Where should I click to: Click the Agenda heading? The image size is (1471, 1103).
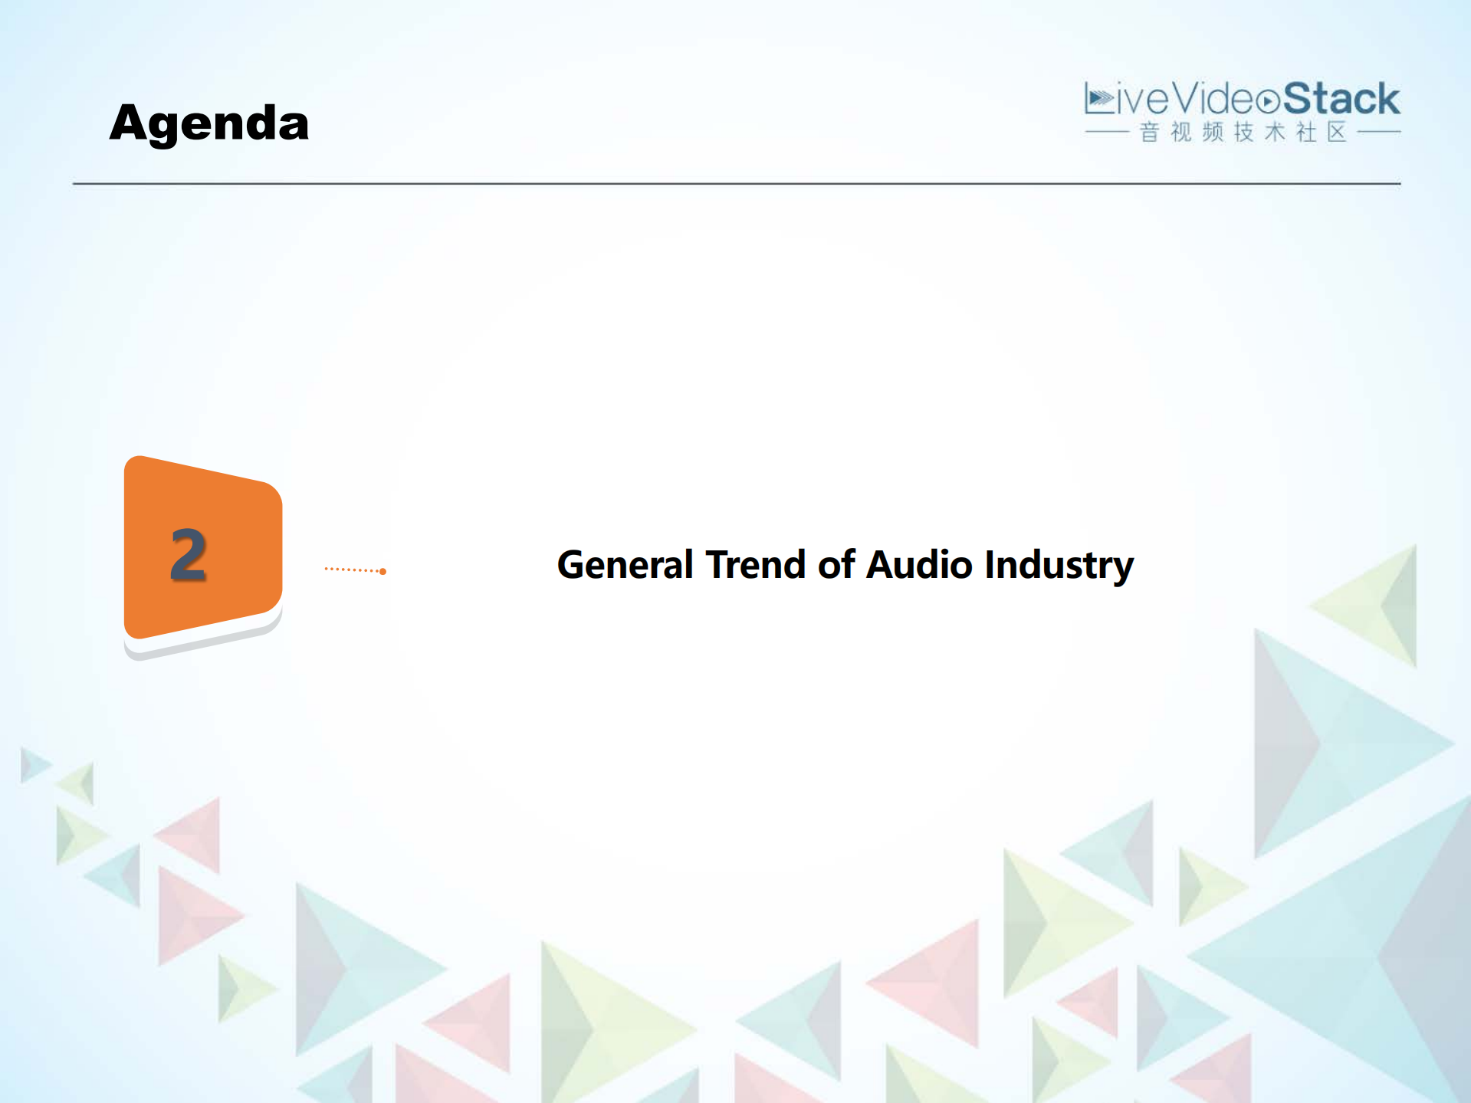tap(209, 123)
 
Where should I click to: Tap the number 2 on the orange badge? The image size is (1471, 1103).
tap(189, 554)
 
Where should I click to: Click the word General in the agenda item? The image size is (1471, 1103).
tap(625, 565)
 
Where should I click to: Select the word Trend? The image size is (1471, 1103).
tap(755, 565)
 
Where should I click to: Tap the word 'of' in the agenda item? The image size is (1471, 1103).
tap(836, 565)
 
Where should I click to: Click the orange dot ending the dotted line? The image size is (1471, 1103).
tap(383, 571)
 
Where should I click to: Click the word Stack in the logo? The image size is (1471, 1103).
tap(1341, 100)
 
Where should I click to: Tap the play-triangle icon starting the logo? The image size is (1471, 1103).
tap(1100, 99)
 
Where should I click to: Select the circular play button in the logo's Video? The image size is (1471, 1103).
tap(1268, 101)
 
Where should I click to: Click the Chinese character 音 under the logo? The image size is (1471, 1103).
tap(1149, 133)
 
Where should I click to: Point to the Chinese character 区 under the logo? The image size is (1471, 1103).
tap(1337, 133)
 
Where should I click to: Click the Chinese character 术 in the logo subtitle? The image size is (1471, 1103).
tap(1274, 133)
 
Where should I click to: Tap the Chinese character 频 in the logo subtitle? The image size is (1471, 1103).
tap(1212, 133)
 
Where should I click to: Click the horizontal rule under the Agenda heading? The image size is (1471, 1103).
tap(736, 184)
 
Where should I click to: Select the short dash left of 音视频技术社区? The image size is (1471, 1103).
tap(1106, 133)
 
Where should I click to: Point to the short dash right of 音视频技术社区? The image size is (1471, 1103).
tap(1378, 133)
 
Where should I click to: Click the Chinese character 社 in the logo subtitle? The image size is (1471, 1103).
tap(1305, 133)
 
